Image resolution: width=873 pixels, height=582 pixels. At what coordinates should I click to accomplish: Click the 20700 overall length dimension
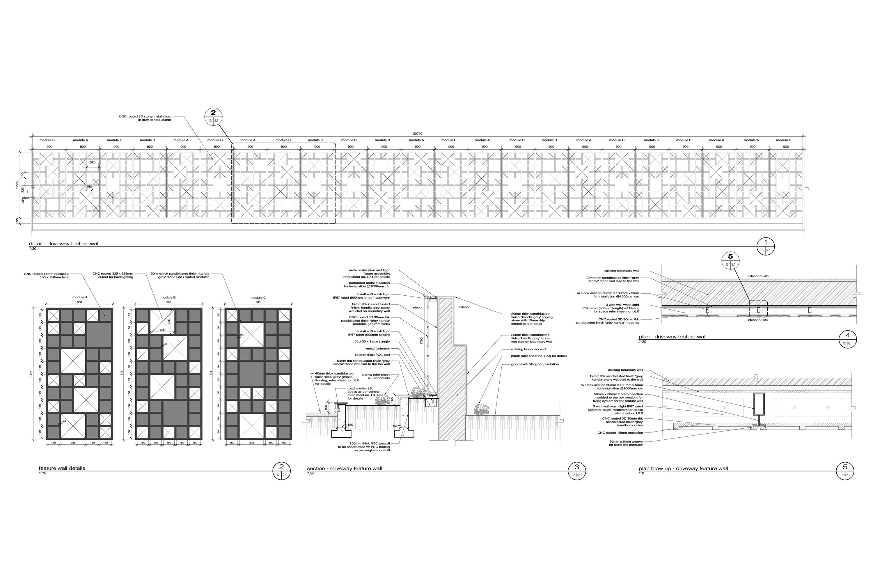(418, 134)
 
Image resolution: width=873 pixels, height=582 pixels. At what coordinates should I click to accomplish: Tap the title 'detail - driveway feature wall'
(64, 244)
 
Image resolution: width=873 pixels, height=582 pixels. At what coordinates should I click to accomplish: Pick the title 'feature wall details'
(62, 468)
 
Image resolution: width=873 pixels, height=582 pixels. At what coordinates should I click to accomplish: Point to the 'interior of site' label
(757, 320)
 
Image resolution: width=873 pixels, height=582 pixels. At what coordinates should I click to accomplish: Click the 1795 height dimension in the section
(422, 341)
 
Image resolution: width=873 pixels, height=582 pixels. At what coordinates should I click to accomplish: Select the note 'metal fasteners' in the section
(378, 349)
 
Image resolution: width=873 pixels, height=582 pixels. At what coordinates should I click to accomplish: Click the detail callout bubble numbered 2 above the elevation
(213, 117)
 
